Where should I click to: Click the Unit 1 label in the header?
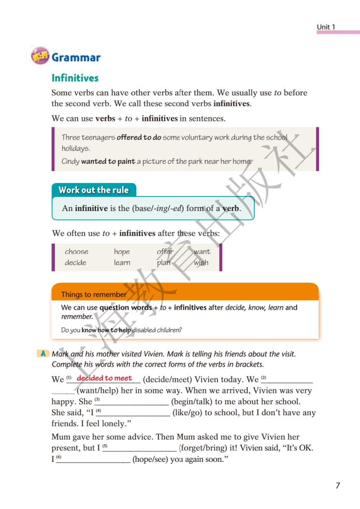tap(326, 27)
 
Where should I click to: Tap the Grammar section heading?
tap(76, 58)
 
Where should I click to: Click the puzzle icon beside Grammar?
tap(40, 55)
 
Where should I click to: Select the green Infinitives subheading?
tap(75, 78)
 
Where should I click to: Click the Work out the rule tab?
tap(93, 190)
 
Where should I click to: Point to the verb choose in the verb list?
tap(76, 252)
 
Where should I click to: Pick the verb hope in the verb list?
tap(122, 252)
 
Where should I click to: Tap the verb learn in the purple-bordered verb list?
tap(122, 263)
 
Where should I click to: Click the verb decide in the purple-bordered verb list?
tap(76, 263)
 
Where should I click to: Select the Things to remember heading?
tap(93, 294)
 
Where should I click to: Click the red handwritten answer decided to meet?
tap(104, 378)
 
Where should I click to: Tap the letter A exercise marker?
tap(43, 354)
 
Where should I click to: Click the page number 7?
tap(338, 486)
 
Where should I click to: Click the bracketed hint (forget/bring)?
tap(205, 448)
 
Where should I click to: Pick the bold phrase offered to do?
tap(138, 138)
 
